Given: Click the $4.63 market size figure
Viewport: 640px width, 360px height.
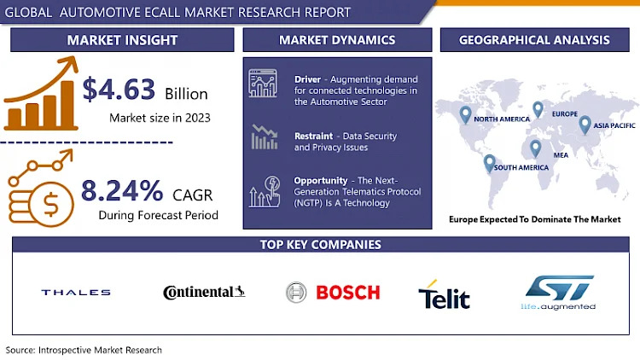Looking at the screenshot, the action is click(x=119, y=90).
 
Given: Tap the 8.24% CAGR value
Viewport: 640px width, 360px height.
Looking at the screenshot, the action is click(x=122, y=190).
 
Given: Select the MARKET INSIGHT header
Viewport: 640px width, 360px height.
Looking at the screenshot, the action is click(x=122, y=40).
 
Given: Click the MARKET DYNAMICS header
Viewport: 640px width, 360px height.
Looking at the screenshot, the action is click(x=337, y=40).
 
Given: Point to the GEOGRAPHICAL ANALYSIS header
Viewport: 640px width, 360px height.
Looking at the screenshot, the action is click(x=534, y=40).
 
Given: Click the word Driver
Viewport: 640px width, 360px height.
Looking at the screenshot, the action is click(x=308, y=79).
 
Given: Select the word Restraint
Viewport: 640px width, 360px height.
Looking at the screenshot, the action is click(x=313, y=136).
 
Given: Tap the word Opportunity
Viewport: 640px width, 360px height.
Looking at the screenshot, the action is click(x=320, y=180).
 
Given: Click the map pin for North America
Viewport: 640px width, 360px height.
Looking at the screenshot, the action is click(x=465, y=114).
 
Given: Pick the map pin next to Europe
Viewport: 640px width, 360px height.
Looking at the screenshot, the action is click(x=538, y=109).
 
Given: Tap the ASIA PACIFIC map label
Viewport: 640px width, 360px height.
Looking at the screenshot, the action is click(x=614, y=125).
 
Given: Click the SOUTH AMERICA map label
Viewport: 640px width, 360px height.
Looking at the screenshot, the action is click(x=521, y=167).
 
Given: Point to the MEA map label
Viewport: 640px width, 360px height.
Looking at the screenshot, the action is click(x=561, y=155).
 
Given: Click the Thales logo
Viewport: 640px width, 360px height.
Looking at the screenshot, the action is click(x=76, y=293).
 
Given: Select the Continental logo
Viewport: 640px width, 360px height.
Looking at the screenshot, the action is click(x=204, y=292).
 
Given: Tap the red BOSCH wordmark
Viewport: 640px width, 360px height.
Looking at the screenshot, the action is click(x=348, y=293).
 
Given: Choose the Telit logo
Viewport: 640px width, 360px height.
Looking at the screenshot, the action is click(x=444, y=294).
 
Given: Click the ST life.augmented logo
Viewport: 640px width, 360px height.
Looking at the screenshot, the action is click(x=558, y=293).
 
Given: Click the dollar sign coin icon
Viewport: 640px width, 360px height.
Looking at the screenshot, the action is click(x=50, y=204).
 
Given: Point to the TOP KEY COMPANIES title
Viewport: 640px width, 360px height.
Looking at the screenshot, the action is click(x=321, y=245).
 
